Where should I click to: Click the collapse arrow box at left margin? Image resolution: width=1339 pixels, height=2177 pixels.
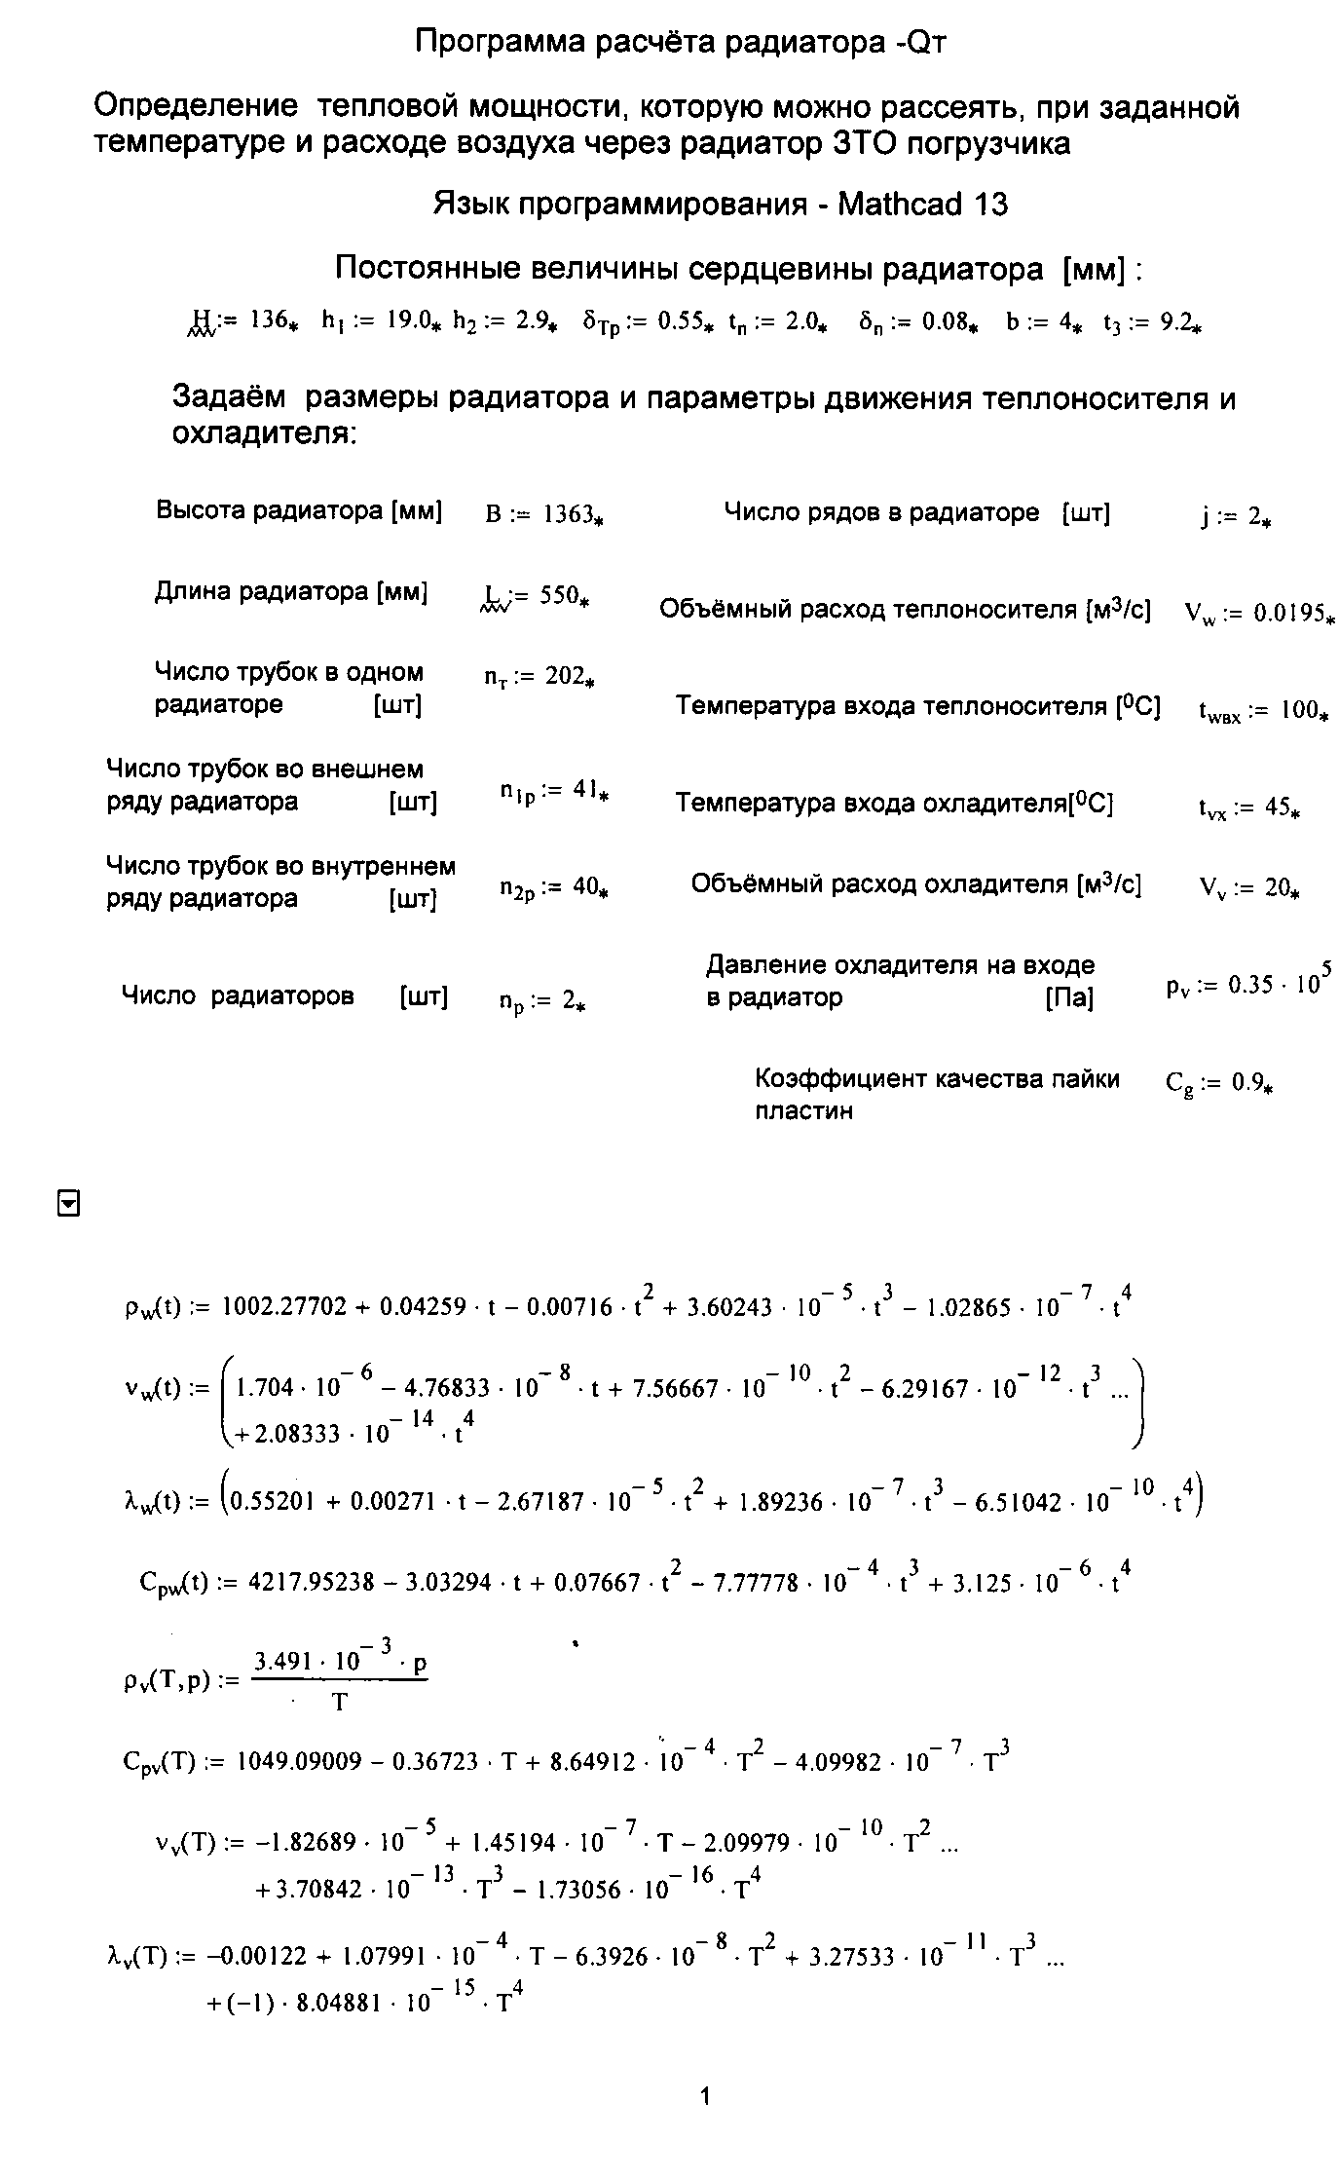click(x=68, y=1205)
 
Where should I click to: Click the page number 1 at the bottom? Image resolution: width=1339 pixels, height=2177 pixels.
click(x=705, y=2096)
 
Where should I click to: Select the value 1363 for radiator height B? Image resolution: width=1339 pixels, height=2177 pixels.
click(x=568, y=514)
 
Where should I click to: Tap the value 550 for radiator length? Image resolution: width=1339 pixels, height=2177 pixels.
click(x=559, y=595)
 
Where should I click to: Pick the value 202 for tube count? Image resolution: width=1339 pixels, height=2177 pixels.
click(x=564, y=676)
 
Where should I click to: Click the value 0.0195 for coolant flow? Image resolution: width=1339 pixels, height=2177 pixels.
click(x=1288, y=614)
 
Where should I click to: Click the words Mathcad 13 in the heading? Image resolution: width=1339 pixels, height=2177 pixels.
click(x=921, y=205)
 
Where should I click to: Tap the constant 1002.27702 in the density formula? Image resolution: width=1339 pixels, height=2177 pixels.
click(x=284, y=1307)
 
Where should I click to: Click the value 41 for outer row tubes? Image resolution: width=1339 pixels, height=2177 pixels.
click(x=583, y=791)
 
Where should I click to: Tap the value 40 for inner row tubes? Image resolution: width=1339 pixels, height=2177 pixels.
click(x=584, y=887)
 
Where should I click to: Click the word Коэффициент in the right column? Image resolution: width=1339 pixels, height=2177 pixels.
click(x=839, y=1079)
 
